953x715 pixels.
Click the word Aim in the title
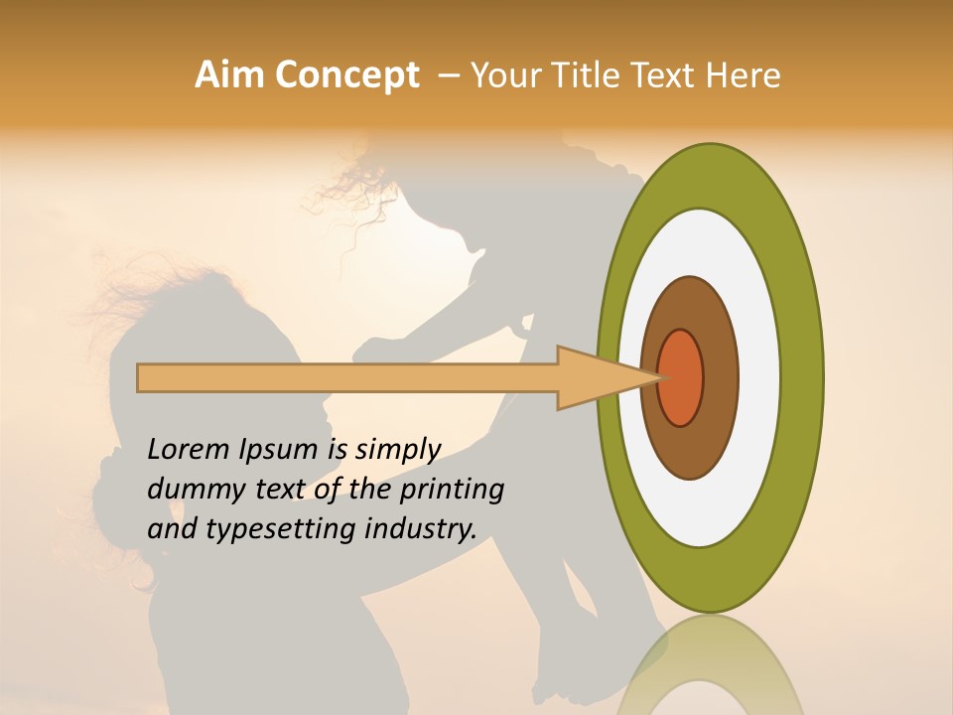pyautogui.click(x=229, y=75)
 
